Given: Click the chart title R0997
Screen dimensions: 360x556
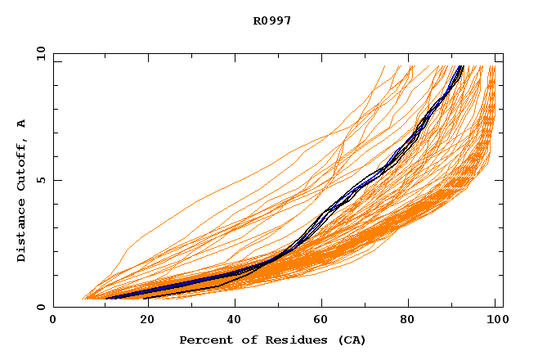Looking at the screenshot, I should (272, 20).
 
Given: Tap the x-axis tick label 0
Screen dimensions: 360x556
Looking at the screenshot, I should (53, 322).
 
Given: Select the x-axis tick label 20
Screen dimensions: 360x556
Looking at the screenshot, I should (142, 322).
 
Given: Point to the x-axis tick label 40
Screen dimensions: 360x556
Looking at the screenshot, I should (231, 322).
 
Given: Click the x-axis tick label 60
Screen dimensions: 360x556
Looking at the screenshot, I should (321, 322).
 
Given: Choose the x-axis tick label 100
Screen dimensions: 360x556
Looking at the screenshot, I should (495, 322).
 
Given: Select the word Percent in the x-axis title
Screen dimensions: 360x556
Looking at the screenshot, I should (204, 340).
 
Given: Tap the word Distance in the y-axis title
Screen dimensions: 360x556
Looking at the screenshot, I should (22, 229).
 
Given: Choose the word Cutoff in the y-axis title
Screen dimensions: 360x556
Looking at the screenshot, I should (22, 163).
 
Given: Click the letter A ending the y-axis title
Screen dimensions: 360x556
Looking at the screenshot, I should (22, 124).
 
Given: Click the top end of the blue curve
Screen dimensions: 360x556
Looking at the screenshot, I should (462, 66).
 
